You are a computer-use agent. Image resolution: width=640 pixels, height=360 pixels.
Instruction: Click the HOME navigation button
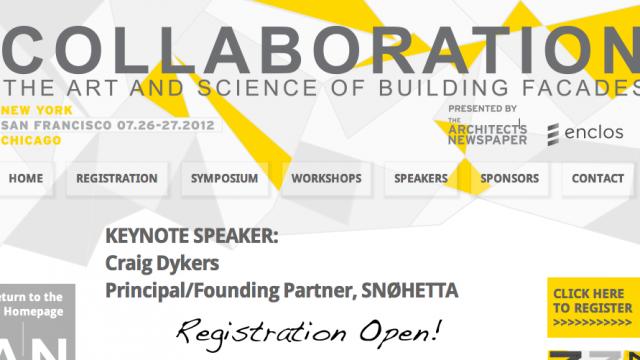[x=27, y=179]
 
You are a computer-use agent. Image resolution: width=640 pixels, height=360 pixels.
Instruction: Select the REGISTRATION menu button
[x=117, y=179]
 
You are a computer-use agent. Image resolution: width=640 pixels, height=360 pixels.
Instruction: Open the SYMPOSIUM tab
[x=225, y=179]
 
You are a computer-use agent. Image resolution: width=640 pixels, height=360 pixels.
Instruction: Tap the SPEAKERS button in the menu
[x=421, y=179]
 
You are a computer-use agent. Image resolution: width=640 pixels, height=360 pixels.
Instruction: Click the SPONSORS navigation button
[x=509, y=179]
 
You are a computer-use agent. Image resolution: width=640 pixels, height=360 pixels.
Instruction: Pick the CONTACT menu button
[x=598, y=179]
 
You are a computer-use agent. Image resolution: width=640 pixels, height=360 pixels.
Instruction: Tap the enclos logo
[x=585, y=132]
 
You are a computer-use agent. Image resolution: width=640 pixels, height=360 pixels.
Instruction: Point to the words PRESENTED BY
[x=483, y=108]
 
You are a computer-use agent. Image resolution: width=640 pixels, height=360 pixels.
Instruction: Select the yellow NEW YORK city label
[x=32, y=109]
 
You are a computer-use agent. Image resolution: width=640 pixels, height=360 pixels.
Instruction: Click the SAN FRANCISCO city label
[x=47, y=125]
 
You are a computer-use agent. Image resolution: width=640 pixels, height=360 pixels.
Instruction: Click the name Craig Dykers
[x=161, y=263]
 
